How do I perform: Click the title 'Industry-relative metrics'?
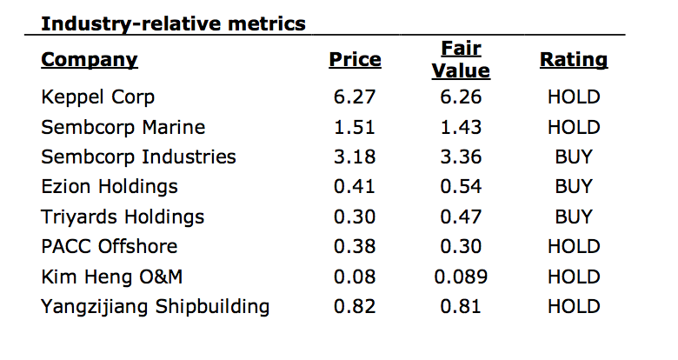pyautogui.click(x=173, y=23)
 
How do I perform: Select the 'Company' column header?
pyautogui.click(x=90, y=60)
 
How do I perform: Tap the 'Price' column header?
pyautogui.click(x=355, y=60)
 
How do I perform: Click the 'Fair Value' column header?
pyautogui.click(x=461, y=60)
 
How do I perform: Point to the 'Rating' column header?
pyautogui.click(x=574, y=60)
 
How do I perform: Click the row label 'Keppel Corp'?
pyautogui.click(x=97, y=97)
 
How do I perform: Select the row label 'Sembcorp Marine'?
pyautogui.click(x=123, y=127)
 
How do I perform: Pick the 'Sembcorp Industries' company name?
pyautogui.click(x=139, y=157)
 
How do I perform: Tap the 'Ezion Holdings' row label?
pyautogui.click(x=110, y=187)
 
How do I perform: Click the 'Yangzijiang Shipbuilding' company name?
pyautogui.click(x=156, y=307)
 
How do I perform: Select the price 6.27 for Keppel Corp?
pyautogui.click(x=355, y=97)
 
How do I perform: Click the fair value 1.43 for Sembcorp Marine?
pyautogui.click(x=461, y=127)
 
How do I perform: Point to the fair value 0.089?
pyautogui.click(x=461, y=277)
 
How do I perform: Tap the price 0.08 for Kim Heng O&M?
pyautogui.click(x=355, y=277)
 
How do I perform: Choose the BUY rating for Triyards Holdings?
pyautogui.click(x=574, y=217)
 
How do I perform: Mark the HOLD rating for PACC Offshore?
pyautogui.click(x=574, y=247)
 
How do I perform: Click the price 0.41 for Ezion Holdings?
pyautogui.click(x=355, y=187)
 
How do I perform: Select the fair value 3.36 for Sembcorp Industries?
pyautogui.click(x=461, y=157)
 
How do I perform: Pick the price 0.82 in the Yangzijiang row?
pyautogui.click(x=355, y=307)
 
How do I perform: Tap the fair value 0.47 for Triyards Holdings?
pyautogui.click(x=461, y=217)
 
